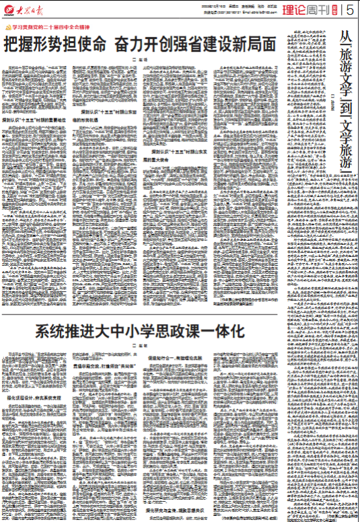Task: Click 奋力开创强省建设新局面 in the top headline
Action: point(195,46)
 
